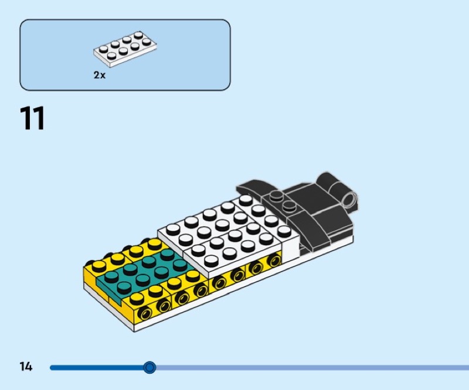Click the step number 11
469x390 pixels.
point(33,119)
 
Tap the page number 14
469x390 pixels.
point(26,367)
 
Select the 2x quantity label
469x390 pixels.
point(100,75)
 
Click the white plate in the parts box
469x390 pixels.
point(127,49)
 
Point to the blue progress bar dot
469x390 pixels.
point(149,368)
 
